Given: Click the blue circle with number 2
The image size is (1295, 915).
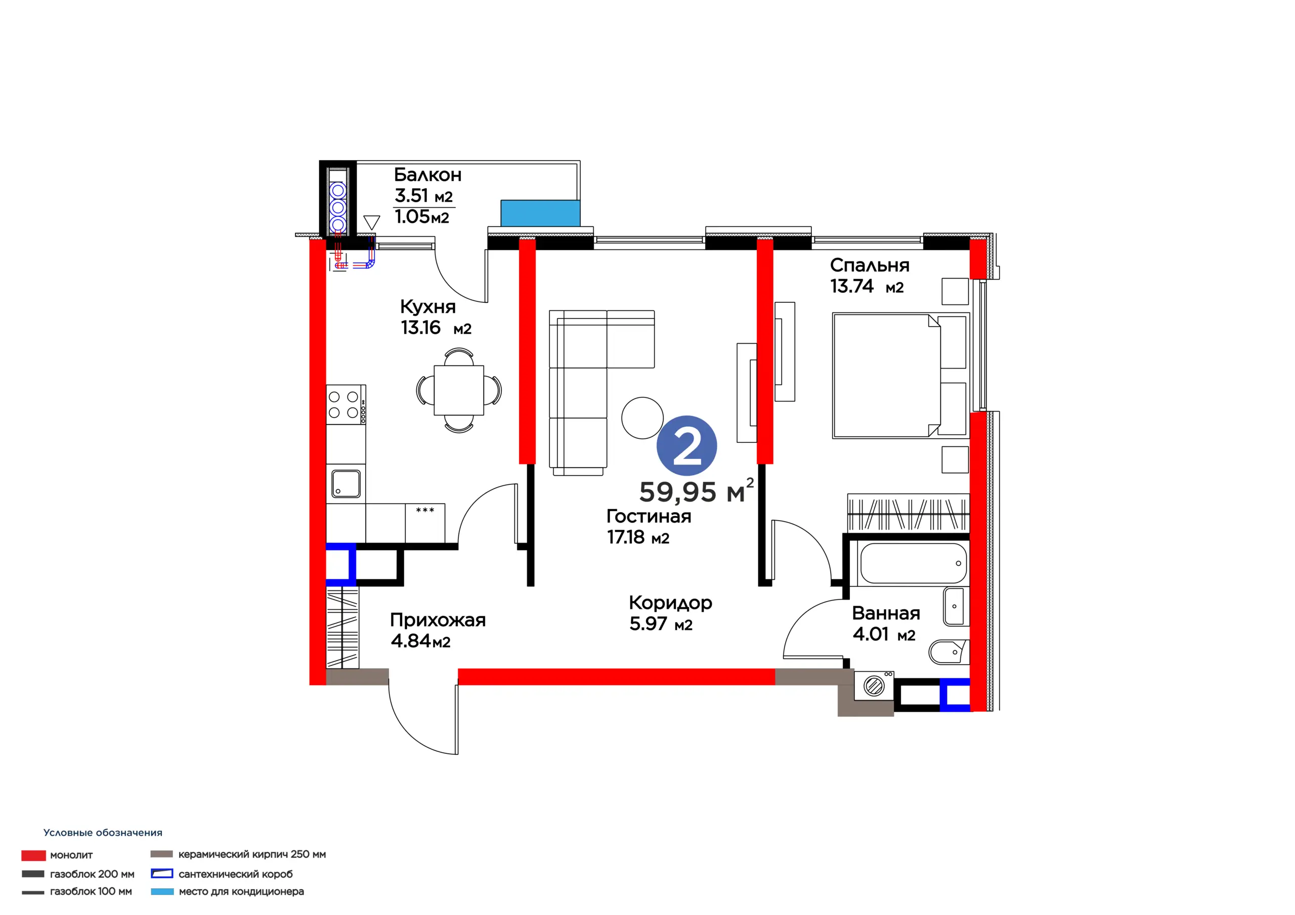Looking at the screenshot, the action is tap(686, 445).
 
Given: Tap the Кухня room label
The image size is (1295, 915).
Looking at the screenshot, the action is tap(427, 307).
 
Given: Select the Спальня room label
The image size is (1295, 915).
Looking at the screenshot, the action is tap(869, 265).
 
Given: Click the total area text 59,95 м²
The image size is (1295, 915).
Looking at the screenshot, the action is tap(696, 490).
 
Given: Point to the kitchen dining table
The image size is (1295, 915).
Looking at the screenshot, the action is tap(458, 390).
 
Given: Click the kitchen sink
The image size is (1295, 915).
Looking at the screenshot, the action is tap(346, 484).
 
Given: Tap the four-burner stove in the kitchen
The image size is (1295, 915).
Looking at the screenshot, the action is tap(346, 404).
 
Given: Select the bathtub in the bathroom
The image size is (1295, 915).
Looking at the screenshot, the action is tap(913, 563).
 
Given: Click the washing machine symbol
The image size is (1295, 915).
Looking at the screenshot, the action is tap(874, 686).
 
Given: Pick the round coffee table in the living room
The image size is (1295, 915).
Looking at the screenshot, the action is tap(642, 418).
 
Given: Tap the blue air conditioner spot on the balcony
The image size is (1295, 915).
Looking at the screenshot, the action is tap(540, 213).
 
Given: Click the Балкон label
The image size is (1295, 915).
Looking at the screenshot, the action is tap(427, 175).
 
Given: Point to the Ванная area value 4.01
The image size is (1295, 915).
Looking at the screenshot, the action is tap(870, 634).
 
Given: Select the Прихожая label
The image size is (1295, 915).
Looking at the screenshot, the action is tap(438, 620).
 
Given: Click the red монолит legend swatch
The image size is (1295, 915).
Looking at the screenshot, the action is tap(33, 855).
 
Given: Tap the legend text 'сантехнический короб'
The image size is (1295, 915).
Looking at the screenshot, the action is tap(236, 874).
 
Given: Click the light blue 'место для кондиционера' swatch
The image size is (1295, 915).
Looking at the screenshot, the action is tap(162, 891).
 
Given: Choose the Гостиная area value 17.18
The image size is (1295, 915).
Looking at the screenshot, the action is tap(626, 537).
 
